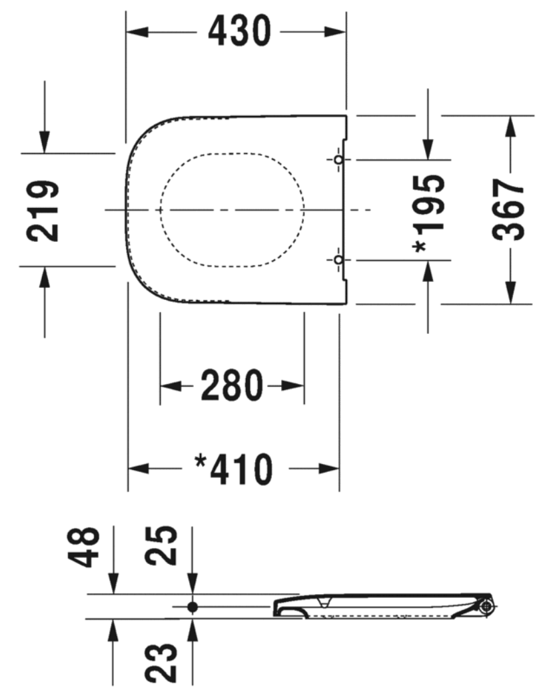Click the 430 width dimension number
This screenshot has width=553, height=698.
[239, 31]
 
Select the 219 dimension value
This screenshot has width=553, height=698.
[43, 211]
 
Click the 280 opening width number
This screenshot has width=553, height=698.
[232, 385]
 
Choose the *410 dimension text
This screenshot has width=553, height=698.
[234, 469]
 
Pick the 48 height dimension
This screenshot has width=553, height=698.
[84, 547]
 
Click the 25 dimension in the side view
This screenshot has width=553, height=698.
[161, 546]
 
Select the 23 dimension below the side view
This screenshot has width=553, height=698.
[161, 663]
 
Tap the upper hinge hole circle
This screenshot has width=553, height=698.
[338, 159]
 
